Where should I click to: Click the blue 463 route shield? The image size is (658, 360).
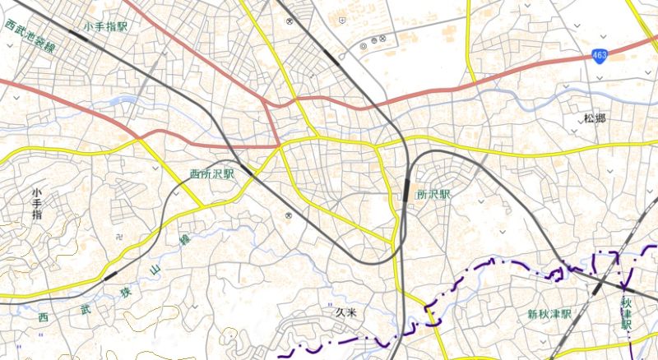click(x=600, y=54)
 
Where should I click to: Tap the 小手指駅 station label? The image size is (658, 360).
click(x=106, y=27)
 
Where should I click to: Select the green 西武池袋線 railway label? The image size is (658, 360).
click(x=30, y=37)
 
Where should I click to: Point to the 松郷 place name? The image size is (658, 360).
click(x=595, y=118)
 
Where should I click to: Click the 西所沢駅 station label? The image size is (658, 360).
click(x=211, y=174)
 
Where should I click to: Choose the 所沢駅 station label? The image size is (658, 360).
click(x=434, y=195)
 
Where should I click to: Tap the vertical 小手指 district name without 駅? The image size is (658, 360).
click(x=36, y=203)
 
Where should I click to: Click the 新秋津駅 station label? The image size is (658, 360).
click(x=549, y=315)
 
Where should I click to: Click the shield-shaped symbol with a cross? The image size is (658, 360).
click(x=341, y=23)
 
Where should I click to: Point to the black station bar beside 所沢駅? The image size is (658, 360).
click(x=406, y=189)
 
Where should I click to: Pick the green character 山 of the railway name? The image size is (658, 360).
click(x=155, y=270)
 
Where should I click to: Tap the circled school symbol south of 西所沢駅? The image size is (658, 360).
click(x=288, y=215)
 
